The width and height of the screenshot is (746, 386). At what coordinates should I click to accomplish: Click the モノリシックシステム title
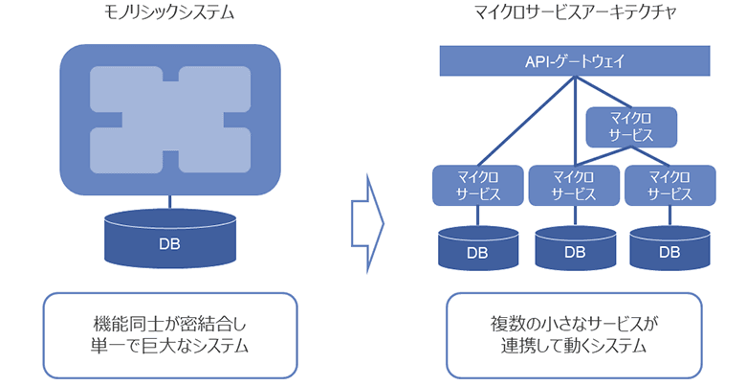pos(169,12)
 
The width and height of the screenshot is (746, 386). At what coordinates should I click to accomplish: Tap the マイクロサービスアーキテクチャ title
pos(574,12)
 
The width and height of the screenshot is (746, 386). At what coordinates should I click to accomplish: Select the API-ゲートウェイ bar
pos(574,62)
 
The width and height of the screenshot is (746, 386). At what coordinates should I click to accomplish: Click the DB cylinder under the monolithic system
pos(169,239)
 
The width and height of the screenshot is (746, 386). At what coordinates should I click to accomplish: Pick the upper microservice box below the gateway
pos(630,125)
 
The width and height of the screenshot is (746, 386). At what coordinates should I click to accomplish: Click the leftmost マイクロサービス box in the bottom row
pos(477,185)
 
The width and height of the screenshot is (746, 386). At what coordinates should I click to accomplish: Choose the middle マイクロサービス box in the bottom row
pos(574,185)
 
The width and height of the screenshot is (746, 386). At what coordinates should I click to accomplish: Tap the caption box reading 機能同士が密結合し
pos(170,333)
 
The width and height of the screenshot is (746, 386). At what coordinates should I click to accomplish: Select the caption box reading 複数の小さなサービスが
pos(574,333)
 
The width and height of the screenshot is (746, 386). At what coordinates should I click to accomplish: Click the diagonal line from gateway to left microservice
pos(526,121)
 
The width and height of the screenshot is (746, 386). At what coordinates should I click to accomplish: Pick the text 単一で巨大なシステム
pos(170,346)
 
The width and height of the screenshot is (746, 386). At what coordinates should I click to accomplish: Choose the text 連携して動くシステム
pos(574,346)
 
